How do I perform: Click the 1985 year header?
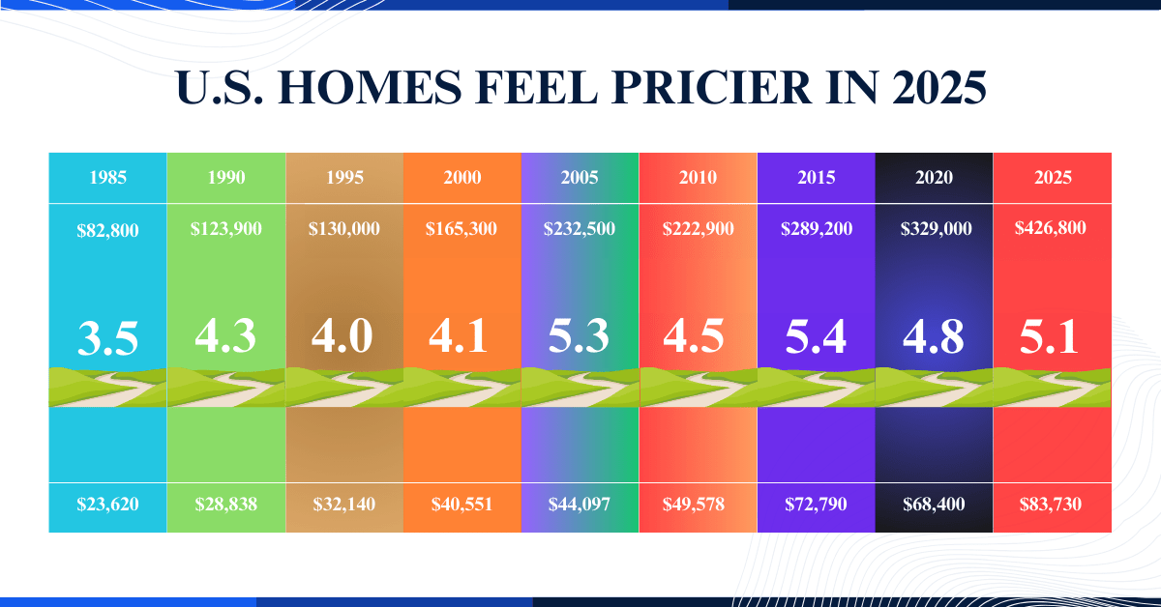107,178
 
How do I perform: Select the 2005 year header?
580,178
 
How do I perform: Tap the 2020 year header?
934,178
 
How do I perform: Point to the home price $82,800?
107,230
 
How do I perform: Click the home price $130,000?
343,229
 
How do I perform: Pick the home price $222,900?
698,229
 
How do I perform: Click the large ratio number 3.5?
107,338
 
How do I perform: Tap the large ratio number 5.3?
579,336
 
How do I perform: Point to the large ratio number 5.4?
815,336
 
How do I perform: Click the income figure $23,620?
107,504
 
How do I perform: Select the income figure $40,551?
461,504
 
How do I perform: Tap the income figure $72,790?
816,504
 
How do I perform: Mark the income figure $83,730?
1052,504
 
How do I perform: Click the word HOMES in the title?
368,89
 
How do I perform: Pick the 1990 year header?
225,178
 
